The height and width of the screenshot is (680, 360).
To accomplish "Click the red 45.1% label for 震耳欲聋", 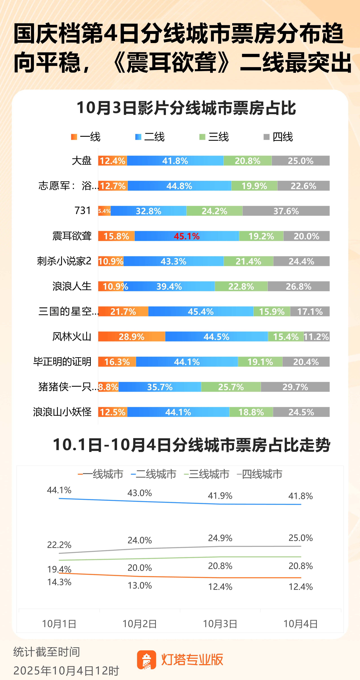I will [186, 236].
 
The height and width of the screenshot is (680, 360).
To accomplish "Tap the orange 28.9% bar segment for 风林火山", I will [132, 337].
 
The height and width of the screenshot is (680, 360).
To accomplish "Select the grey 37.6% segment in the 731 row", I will [286, 211].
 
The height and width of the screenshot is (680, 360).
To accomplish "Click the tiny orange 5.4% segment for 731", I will [104, 211].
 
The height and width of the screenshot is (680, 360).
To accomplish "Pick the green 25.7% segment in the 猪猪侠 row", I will [231, 387].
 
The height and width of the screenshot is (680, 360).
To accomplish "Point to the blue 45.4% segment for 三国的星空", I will [201, 311].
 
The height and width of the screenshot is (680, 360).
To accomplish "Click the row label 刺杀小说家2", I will [64, 261].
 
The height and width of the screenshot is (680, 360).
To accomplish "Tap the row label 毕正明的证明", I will [62, 362].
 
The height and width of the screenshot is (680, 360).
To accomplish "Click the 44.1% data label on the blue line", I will [59, 490].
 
